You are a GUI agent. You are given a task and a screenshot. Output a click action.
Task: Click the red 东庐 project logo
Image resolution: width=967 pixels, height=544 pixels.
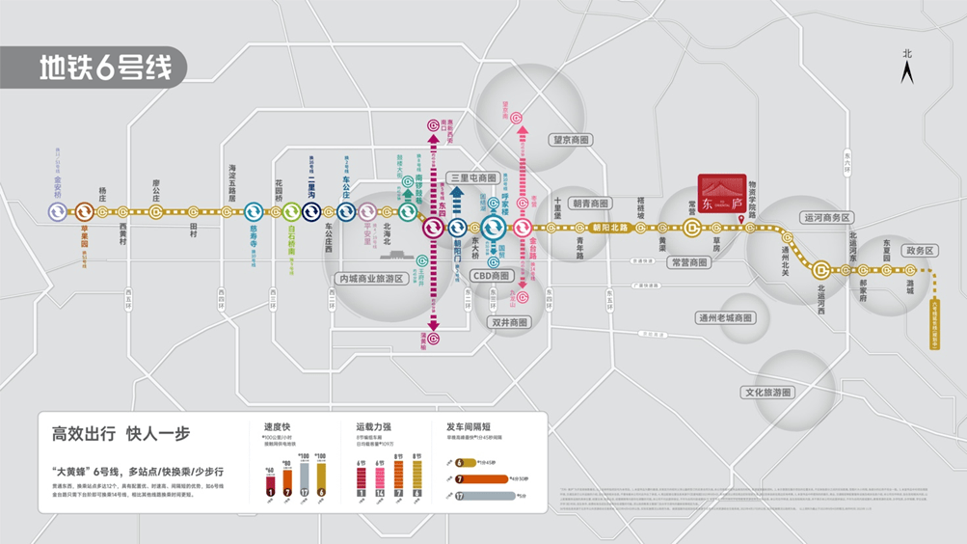coord(722,196)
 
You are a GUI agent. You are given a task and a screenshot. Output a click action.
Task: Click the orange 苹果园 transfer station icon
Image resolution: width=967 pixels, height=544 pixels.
coord(84,211)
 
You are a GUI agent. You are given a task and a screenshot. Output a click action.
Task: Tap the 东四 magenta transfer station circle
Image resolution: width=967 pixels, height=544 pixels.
coord(434,228)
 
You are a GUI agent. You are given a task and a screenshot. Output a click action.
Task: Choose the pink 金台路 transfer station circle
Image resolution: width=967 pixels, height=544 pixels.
coord(523,228)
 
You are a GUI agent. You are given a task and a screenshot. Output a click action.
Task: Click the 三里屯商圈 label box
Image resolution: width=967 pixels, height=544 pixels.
coord(473,178)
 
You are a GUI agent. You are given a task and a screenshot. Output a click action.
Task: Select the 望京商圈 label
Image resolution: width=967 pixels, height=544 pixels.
coord(571,140)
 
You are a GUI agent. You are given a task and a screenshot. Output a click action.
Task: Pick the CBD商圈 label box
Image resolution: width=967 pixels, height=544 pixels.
coord(490,276)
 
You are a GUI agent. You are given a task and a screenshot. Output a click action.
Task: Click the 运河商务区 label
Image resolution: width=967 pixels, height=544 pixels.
coord(826,218)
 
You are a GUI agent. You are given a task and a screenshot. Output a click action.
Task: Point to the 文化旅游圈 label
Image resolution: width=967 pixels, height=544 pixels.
coord(766,393)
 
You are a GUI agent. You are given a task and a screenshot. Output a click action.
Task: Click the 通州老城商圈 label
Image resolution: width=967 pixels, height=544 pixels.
coord(726,317)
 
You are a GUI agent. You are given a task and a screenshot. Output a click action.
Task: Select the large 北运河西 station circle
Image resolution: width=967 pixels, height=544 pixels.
coord(821,269)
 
